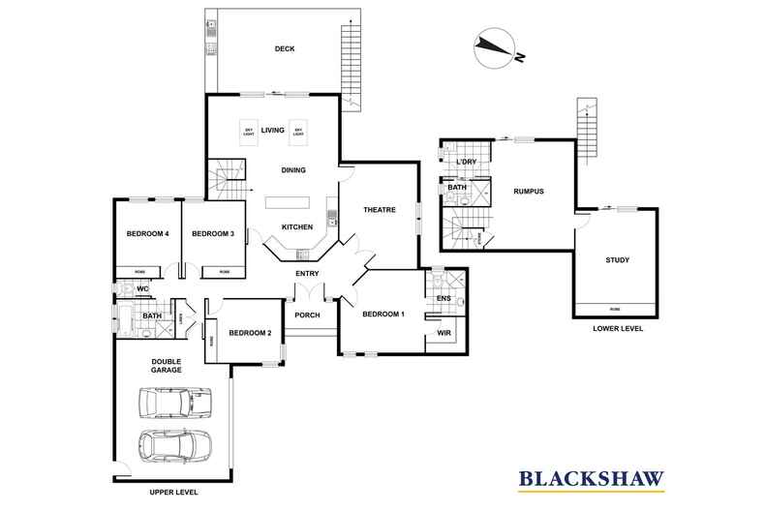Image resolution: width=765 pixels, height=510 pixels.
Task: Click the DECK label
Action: coord(284,49)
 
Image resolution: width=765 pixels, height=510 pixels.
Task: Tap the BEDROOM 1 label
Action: coord(383,315)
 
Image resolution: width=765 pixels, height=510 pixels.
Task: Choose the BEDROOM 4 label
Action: coord(148,233)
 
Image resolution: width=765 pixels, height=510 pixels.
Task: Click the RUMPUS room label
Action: coord(529,192)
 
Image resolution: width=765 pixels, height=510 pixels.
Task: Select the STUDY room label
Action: coord(617,259)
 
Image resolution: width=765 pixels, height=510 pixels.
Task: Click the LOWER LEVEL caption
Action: coord(617,329)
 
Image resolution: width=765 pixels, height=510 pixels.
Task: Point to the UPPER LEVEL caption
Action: coord(173,492)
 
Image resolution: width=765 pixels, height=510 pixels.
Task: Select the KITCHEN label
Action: coord(296,226)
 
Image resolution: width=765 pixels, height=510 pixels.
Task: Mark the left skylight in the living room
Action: coord(248,132)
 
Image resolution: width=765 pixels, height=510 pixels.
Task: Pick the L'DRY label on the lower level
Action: coord(467,161)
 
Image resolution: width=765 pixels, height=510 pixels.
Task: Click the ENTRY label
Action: coord(307,273)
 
